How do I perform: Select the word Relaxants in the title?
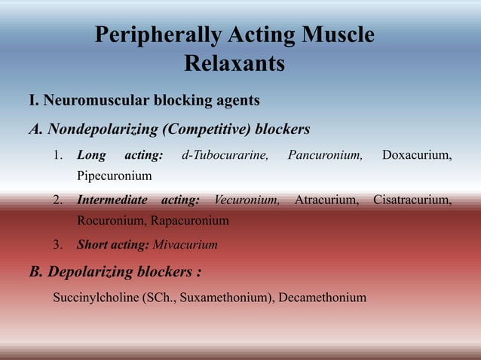(x=234, y=65)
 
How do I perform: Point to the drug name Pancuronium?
(x=325, y=156)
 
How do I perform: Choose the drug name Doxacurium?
(x=417, y=156)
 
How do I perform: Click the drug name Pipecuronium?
(x=114, y=176)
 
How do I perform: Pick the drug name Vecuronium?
(x=247, y=200)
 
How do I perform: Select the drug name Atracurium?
(x=326, y=200)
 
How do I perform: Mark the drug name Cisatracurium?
(x=412, y=200)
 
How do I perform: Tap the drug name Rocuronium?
(x=111, y=221)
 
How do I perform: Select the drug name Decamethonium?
(x=322, y=297)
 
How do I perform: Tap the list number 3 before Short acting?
(x=57, y=245)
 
